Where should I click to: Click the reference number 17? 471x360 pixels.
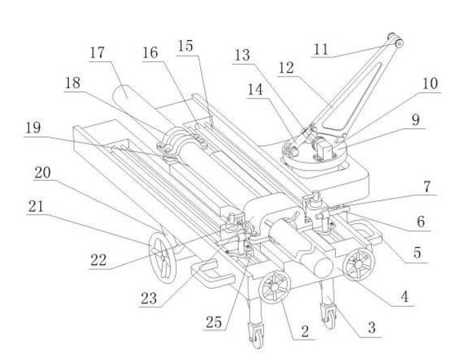(x=97, y=53)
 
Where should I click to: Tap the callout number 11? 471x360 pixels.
(x=321, y=49)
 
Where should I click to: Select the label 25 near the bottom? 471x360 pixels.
(x=214, y=323)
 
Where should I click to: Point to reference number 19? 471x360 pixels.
(x=33, y=128)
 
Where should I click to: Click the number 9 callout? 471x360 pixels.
(x=415, y=120)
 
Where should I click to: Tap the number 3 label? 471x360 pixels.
(x=371, y=327)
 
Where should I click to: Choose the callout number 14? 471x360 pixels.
(x=255, y=90)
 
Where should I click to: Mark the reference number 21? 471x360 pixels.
(x=36, y=206)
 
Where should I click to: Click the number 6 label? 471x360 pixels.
(x=421, y=222)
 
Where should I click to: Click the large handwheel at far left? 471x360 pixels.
(x=162, y=257)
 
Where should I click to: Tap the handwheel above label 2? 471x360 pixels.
(x=275, y=287)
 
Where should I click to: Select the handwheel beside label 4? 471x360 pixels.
(x=359, y=264)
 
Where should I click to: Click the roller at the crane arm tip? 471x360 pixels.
(x=397, y=41)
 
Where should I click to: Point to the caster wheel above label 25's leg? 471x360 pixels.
(x=256, y=334)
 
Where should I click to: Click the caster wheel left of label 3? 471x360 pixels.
(x=328, y=316)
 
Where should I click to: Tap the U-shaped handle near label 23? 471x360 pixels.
(x=210, y=273)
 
